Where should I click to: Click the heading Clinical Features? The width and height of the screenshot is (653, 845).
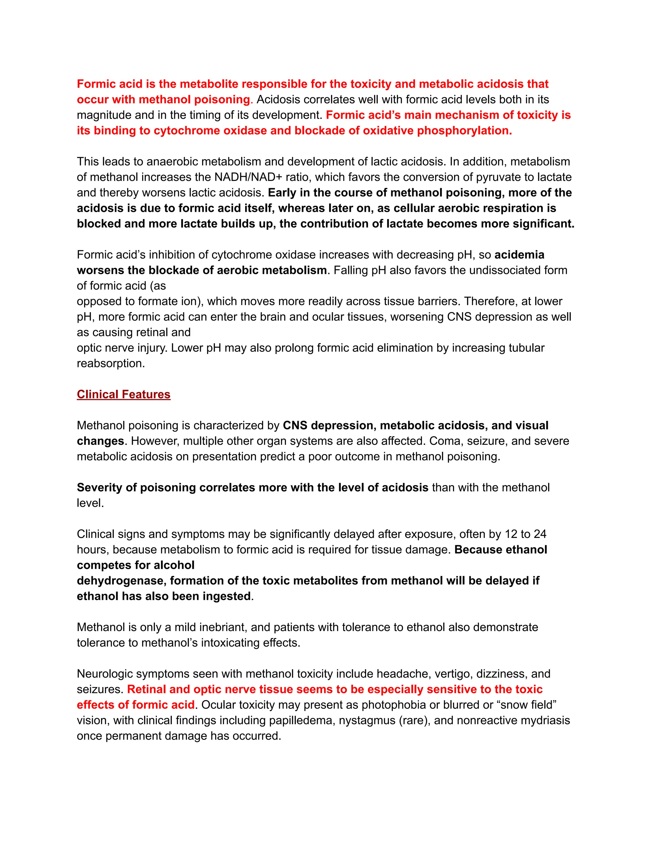click(x=123, y=394)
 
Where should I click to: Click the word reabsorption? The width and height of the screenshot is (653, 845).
click(x=110, y=364)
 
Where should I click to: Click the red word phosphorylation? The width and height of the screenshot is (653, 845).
click(x=464, y=131)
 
